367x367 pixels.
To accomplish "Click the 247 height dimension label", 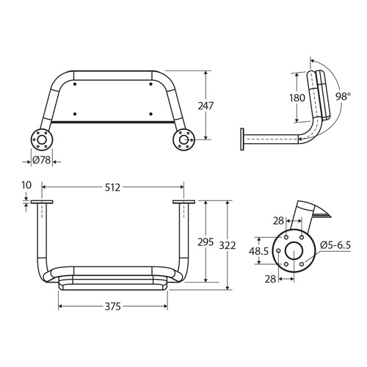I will [206, 106].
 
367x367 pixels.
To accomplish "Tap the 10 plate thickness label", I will [28, 186].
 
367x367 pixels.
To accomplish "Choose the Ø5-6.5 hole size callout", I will [337, 244].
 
